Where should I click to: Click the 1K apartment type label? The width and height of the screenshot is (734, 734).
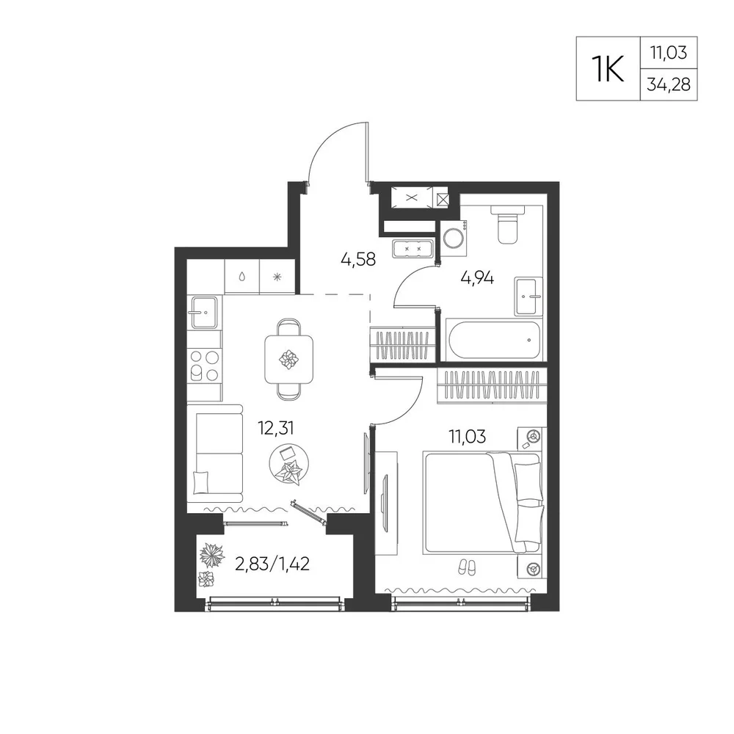[608, 68]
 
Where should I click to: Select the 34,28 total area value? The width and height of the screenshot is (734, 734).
[669, 84]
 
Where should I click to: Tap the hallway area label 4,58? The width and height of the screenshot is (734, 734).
[358, 259]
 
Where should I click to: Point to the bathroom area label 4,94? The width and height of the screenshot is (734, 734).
[477, 278]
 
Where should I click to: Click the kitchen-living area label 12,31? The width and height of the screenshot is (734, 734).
[276, 428]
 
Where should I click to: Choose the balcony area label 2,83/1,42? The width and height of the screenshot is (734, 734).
[272, 564]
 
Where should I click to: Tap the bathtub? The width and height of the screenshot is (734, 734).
[493, 340]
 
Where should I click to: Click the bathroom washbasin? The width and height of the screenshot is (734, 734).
[528, 297]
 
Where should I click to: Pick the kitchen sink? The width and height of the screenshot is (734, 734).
[203, 312]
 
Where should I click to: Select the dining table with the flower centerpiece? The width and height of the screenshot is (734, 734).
[288, 359]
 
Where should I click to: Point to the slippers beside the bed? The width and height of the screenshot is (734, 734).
[466, 567]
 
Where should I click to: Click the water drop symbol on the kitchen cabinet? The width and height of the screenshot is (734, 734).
[241, 277]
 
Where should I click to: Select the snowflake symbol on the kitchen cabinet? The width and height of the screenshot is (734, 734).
[277, 277]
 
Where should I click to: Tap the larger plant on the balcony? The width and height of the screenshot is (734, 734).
[212, 555]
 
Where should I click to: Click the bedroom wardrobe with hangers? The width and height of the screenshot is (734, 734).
[492, 385]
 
